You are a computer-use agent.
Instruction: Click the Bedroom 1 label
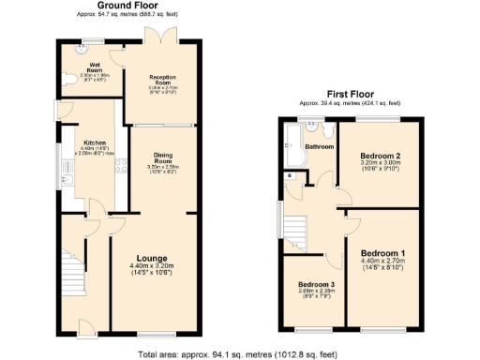[383, 254]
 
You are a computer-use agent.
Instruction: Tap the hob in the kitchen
[121, 170]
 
